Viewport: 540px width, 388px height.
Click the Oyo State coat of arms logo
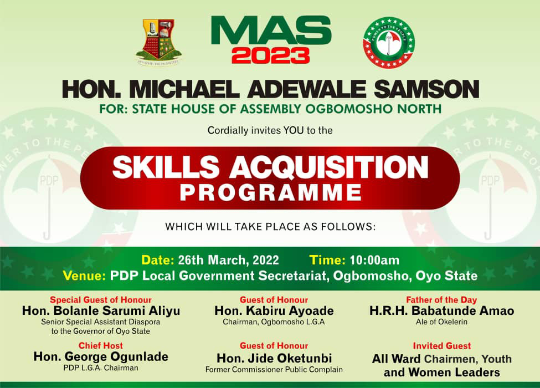158,42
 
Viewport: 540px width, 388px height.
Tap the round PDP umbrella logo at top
389,42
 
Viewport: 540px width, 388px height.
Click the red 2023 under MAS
271,56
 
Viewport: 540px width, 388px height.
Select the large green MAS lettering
271,30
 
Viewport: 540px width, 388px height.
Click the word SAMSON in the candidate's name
426,89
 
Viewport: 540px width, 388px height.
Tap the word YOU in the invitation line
294,130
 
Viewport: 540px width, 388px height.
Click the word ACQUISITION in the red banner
329,167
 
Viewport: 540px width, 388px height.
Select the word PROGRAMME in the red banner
271,193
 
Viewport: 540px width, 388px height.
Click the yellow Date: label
158,260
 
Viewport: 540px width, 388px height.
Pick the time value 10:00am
374,260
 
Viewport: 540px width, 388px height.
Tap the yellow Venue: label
84,275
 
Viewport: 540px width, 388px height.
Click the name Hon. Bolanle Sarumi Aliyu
101,311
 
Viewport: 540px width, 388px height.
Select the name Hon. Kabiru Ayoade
274,311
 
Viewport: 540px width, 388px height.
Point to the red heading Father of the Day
441,300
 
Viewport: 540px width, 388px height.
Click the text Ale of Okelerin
441,322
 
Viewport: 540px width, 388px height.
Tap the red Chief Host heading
101,346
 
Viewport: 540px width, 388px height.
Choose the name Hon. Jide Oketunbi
274,359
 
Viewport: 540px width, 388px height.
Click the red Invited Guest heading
442,346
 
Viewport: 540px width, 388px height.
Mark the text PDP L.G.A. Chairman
101,368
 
